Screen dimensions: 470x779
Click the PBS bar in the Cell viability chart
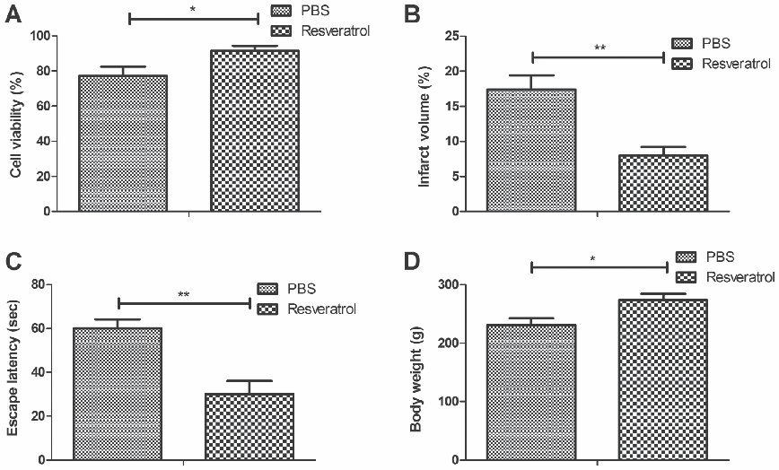click(123, 144)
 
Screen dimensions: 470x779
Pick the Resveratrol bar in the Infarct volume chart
click(663, 184)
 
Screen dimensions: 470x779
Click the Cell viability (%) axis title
click(15, 124)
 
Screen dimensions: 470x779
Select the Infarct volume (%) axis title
click(425, 124)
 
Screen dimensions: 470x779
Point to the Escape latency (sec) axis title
click(15, 371)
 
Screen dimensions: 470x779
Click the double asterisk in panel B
click(598, 47)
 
